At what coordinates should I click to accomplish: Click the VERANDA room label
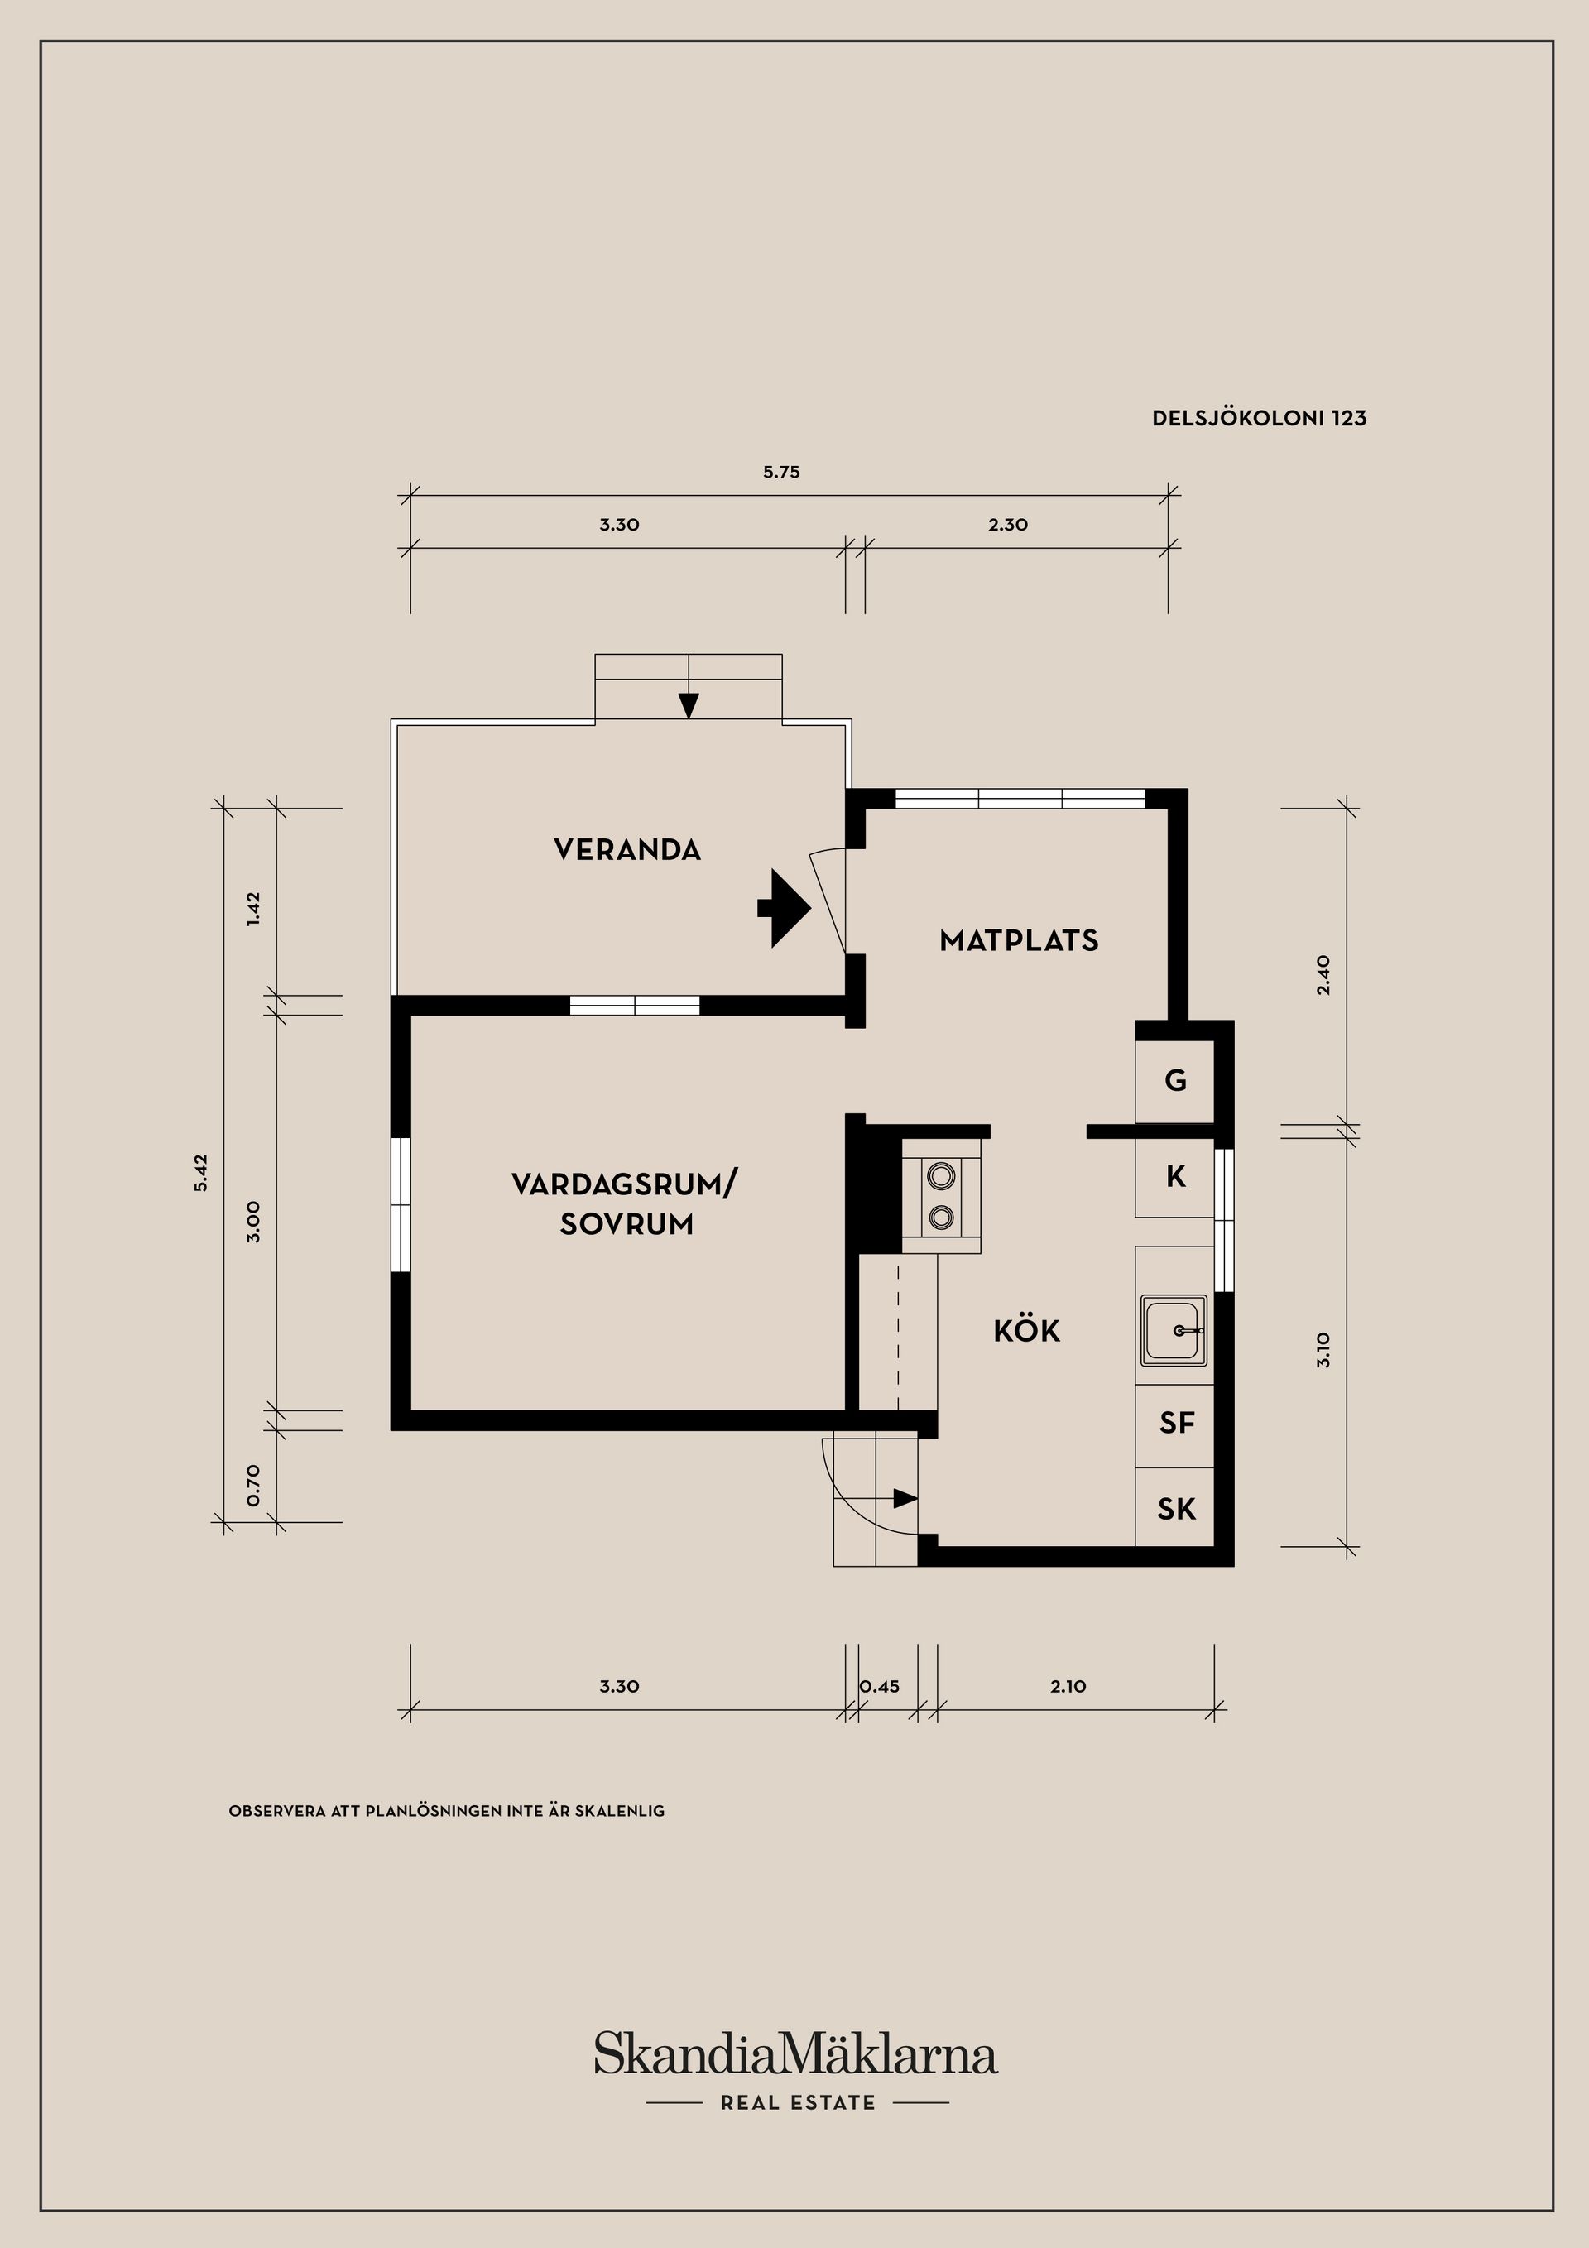click(x=627, y=850)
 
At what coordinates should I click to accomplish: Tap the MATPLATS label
click(x=1019, y=941)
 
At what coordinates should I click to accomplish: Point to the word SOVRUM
click(x=626, y=1225)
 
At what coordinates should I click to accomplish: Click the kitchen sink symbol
click(x=1174, y=1331)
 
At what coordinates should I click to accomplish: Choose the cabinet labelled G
click(x=1175, y=1081)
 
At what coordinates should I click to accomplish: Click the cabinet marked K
click(x=1175, y=1177)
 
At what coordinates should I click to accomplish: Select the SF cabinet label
click(x=1177, y=1423)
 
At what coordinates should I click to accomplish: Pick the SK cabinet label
click(x=1177, y=1509)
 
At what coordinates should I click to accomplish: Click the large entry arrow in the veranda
click(x=785, y=908)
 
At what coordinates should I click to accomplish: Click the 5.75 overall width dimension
click(x=781, y=472)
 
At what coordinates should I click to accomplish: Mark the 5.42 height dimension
click(x=202, y=1172)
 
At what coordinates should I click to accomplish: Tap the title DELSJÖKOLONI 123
click(x=1259, y=418)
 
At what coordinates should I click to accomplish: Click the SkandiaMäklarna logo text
click(x=796, y=2053)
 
